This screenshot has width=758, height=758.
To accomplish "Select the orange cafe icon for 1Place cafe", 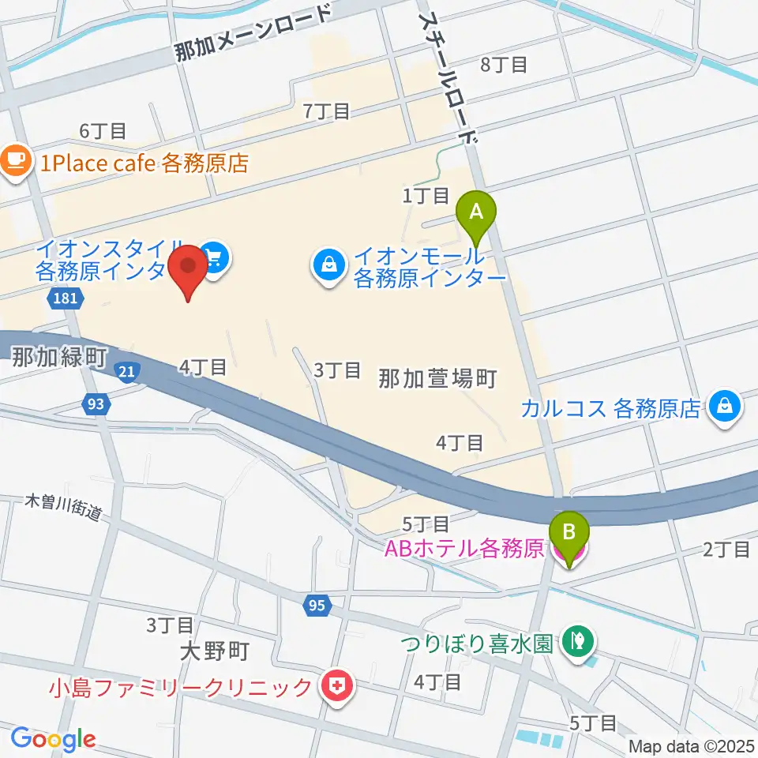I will point(14,161).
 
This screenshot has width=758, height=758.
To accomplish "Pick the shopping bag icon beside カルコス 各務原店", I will point(723,407).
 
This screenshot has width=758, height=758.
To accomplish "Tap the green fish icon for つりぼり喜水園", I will point(579,637).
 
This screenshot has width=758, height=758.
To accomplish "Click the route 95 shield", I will point(315,605).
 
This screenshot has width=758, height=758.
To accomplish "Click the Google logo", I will point(53,739).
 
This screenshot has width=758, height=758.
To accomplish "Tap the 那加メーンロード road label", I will point(254,33).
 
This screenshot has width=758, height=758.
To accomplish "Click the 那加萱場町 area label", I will point(437,379).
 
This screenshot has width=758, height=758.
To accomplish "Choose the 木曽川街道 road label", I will point(64,505).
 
